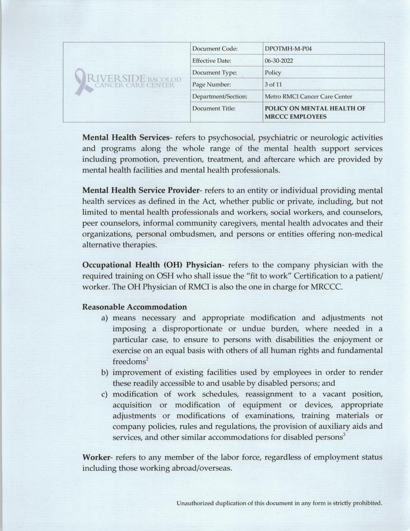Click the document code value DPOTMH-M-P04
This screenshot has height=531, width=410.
tap(288, 49)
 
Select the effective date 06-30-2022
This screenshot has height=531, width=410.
tap(279, 61)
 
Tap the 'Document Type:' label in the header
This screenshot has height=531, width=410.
tap(214, 73)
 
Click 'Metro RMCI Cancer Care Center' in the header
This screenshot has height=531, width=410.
tap(308, 97)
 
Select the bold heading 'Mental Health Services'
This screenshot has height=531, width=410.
tap(126, 138)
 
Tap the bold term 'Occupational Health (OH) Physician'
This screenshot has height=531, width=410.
tap(152, 265)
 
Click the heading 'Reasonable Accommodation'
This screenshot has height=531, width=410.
tap(134, 307)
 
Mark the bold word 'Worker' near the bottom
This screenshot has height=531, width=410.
tap(96, 457)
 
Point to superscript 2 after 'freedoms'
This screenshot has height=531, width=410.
tap(147, 359)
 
